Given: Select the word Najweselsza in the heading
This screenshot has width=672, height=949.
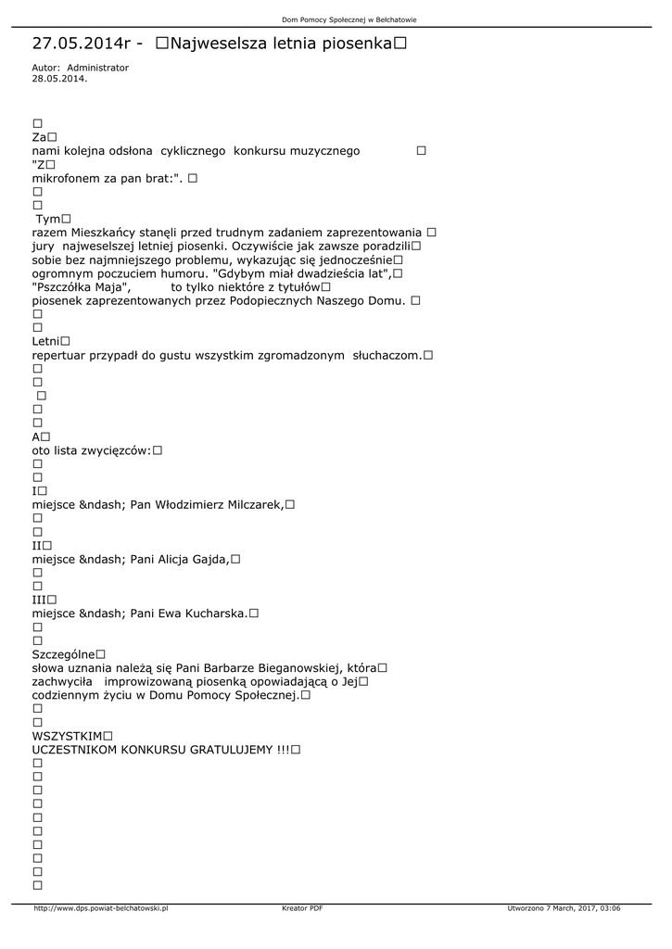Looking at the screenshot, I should pyautogui.click(x=222, y=43).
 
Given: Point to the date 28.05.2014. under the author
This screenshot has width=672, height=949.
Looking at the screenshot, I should pyautogui.click(x=59, y=79).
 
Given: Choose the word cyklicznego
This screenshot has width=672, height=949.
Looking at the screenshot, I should pyautogui.click(x=193, y=150).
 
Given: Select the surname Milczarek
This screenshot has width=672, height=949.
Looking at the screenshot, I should pyautogui.click(x=254, y=504).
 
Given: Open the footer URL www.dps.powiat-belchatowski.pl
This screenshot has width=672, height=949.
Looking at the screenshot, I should pyautogui.click(x=100, y=908).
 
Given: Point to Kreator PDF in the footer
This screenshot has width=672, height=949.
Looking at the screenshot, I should pyautogui.click(x=302, y=908).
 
